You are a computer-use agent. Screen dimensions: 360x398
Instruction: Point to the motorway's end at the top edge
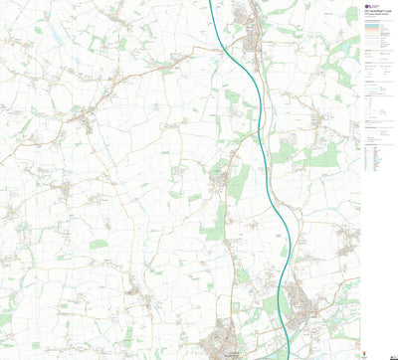pyautogui.click(x=213, y=2)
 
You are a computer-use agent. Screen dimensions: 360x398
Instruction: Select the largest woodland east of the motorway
pyautogui.click(x=320, y=155)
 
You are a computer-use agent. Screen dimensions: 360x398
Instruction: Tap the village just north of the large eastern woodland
pyautogui.click(x=319, y=119)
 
